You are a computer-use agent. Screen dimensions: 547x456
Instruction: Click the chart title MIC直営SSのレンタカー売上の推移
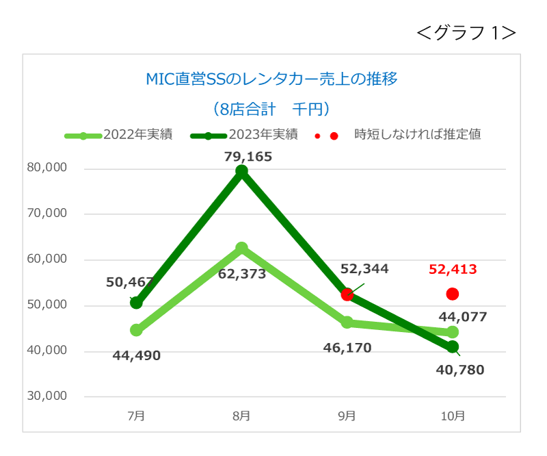[271, 79]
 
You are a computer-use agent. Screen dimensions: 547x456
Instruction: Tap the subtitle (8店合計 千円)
[271, 109]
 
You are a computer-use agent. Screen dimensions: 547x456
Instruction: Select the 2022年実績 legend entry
[118, 134]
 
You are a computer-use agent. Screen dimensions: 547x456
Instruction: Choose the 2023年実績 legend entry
[244, 134]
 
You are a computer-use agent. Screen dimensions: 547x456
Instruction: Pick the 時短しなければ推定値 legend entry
[398, 134]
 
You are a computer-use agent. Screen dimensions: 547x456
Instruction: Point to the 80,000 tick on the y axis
[46, 167]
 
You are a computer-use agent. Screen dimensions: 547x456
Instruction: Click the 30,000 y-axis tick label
[46, 396]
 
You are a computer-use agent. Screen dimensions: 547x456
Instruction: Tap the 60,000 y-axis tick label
[46, 259]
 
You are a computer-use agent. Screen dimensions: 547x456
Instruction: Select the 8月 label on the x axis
[241, 416]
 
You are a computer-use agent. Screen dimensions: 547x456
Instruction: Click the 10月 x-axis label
[453, 416]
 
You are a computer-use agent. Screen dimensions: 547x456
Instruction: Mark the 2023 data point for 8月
[241, 171]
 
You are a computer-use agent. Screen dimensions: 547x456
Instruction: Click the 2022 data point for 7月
[136, 330]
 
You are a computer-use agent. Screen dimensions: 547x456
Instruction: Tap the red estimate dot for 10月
[453, 294]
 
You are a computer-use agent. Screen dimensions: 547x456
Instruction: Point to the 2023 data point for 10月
[453, 347]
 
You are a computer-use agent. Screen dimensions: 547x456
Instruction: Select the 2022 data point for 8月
[241, 248]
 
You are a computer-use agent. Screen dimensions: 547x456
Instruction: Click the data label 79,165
[248, 157]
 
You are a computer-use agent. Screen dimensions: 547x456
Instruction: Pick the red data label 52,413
[453, 269]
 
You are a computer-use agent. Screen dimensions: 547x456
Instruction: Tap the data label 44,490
[136, 356]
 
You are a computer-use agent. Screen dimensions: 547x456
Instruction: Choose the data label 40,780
[460, 370]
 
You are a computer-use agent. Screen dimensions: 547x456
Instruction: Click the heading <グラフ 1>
[466, 33]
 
